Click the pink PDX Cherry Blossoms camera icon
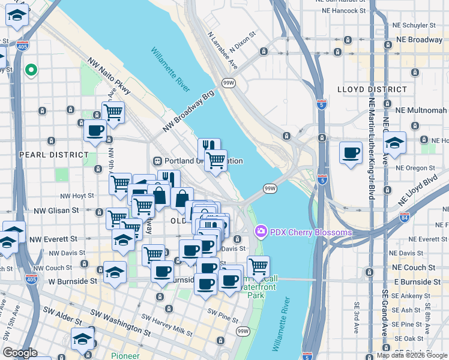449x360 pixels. click(x=261, y=231)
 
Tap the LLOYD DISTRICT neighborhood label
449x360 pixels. click(x=373, y=89)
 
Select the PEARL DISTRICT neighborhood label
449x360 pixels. click(x=54, y=154)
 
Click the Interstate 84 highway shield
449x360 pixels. click(x=405, y=217)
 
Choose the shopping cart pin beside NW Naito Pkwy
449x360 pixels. click(x=112, y=112)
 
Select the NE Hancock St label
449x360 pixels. click(x=343, y=11)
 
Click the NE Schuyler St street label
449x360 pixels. click(x=412, y=25)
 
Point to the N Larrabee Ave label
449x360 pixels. click(x=221, y=50)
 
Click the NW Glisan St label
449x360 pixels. click(x=56, y=211)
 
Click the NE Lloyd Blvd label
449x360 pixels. click(x=419, y=190)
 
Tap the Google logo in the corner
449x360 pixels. click(x=20, y=353)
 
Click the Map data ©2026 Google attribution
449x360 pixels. click(x=412, y=355)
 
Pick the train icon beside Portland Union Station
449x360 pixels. click(x=158, y=161)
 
